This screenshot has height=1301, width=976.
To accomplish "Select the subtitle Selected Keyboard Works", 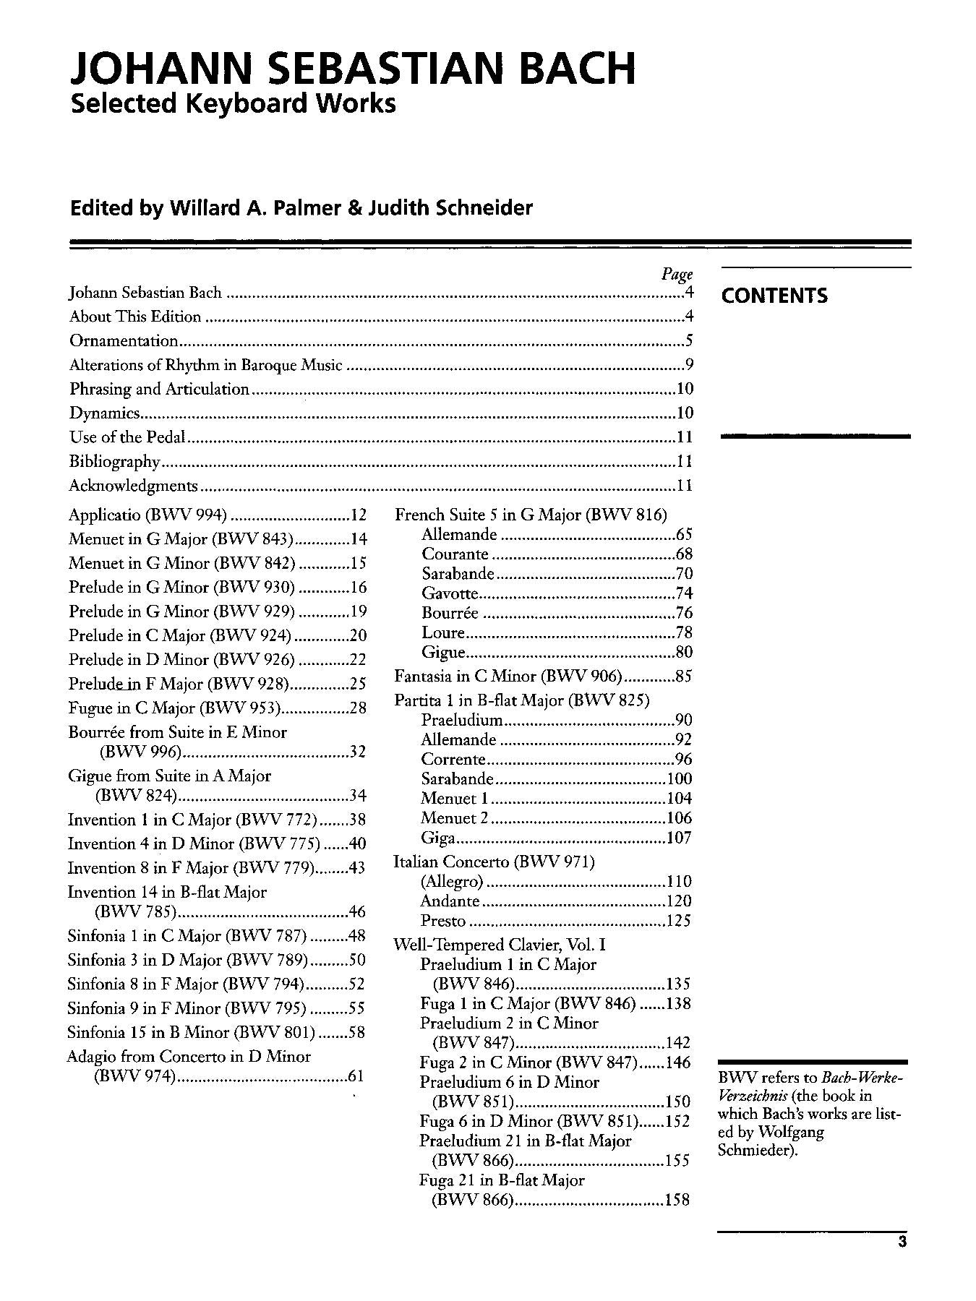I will pos(233,103).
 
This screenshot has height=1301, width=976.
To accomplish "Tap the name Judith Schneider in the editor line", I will pos(450,208).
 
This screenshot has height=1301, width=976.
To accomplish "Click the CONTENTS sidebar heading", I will pos(774,296).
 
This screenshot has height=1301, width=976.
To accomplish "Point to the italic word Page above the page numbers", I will pos(677,274).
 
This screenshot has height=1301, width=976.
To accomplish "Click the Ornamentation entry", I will pos(124,340).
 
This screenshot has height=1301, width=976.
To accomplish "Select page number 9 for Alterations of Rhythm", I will pos(689,365).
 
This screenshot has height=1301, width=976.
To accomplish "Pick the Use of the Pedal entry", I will pos(127,437).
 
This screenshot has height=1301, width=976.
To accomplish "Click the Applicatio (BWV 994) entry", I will pos(147,515).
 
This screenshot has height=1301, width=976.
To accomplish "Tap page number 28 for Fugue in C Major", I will pos(358,708).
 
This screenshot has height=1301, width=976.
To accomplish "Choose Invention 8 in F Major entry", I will pos(191,868).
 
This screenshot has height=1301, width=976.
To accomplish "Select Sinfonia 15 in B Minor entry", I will pos(191,1032).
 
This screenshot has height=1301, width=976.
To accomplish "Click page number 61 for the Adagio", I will pos(356,1076).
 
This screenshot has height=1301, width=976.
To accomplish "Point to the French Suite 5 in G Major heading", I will pos(531,515).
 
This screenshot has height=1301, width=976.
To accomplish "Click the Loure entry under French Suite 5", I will pos(443,632).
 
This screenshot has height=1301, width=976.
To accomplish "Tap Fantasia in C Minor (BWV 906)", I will pos(508,677).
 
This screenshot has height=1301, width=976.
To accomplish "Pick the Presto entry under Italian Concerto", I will pos(443,921).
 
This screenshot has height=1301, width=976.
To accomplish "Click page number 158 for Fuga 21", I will pos(677,1200).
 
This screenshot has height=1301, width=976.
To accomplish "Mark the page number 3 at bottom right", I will pos(902,1242).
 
